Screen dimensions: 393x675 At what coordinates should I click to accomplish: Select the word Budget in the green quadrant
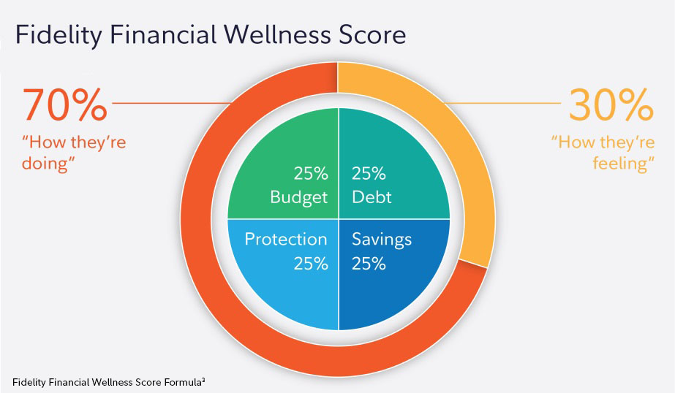299,196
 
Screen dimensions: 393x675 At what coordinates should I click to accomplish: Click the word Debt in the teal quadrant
372,196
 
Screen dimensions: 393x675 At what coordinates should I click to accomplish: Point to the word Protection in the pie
286,240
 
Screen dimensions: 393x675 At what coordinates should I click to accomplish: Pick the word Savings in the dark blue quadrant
382,240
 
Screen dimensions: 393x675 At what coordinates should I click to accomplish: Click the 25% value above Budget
310,175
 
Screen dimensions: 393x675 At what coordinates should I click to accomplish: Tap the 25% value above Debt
369,175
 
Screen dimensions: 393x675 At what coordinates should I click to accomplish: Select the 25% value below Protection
310,264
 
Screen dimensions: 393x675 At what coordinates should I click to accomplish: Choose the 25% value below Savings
369,264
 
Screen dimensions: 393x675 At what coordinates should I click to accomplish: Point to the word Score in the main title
371,34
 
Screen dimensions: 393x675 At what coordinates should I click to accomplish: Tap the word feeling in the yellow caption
621,164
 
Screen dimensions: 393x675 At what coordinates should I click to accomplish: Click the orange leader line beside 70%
168,104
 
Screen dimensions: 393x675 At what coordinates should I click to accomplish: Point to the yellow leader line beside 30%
505,104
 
